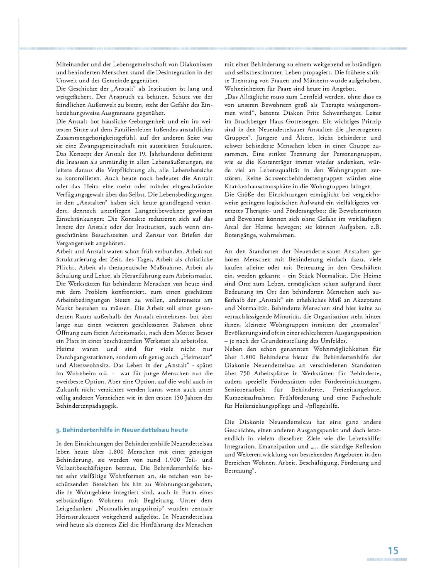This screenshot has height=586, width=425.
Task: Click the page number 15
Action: tap(393, 551)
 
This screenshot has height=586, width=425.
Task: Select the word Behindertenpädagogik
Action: tap(87, 406)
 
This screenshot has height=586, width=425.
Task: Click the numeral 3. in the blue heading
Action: tap(59, 430)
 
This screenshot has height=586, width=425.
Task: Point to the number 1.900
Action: tap(172, 460)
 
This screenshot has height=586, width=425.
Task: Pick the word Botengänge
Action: tap(240, 235)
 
